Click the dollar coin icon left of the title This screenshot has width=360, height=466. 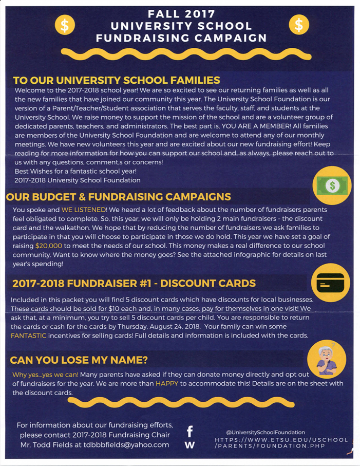coord(65,25)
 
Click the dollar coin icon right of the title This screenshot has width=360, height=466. coord(299,24)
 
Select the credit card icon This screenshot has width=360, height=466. coord(330,283)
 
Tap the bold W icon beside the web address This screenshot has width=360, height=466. coord(190,444)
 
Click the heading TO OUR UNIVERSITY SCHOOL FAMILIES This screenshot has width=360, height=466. coord(116,80)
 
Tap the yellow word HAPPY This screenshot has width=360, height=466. coord(166,383)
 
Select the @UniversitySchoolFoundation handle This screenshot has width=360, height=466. coord(266,433)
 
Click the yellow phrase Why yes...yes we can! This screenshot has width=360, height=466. coord(45,374)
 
